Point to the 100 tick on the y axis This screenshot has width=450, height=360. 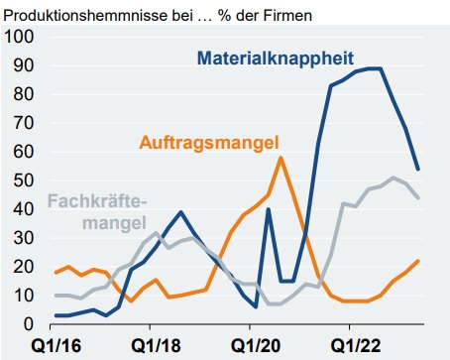(x=20, y=37)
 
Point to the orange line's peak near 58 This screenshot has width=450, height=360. (x=281, y=158)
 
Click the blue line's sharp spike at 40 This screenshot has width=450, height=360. (x=269, y=209)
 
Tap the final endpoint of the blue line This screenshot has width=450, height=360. (x=417, y=169)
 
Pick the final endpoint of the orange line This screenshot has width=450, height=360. (x=417, y=261)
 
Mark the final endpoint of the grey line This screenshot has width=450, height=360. (x=417, y=197)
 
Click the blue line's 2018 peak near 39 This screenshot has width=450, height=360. (x=181, y=212)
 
